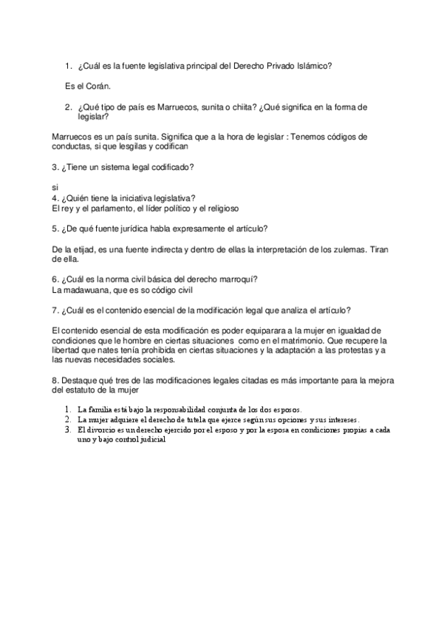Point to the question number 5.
55,228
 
